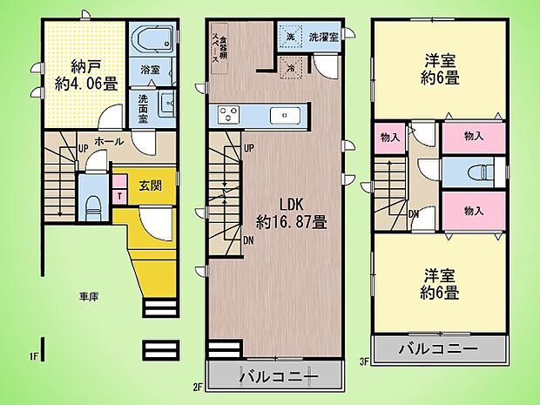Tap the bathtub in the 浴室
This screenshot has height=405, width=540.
154,41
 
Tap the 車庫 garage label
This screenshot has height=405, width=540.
84,297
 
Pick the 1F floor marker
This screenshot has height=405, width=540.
31,356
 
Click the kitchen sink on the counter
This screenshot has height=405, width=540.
285,115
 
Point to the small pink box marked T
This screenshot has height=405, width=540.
118,196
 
